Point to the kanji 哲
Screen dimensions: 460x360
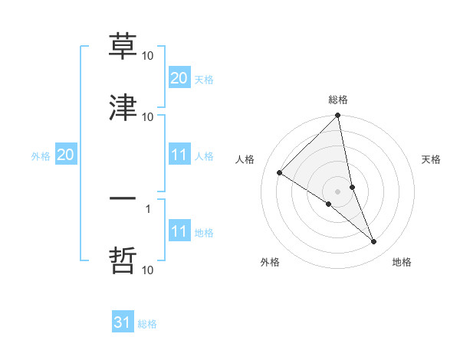coord(123,260)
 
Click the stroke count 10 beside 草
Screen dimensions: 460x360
coord(148,56)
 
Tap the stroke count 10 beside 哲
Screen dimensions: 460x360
coord(148,270)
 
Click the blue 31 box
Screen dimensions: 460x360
coord(123,323)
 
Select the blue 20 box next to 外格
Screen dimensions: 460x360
coord(65,155)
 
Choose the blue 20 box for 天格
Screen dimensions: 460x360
coord(179,78)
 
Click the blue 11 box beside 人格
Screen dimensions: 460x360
coord(179,155)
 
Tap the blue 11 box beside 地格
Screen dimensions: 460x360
coord(179,231)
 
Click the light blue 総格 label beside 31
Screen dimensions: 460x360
coord(147,324)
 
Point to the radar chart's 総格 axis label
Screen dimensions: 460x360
coord(338,100)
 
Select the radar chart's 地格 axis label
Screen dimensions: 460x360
coord(402,262)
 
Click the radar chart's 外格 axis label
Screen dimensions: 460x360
coord(270,262)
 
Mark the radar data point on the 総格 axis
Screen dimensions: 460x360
coord(338,116)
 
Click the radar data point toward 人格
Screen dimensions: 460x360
coord(280,173)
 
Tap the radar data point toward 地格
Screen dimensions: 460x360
coord(374,241)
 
